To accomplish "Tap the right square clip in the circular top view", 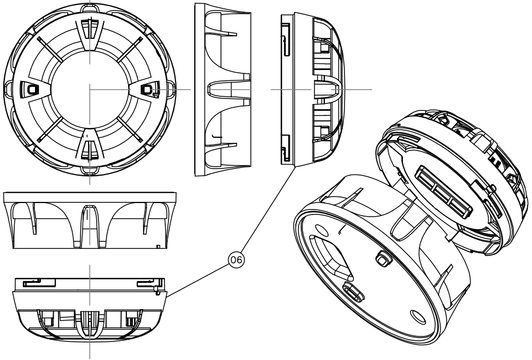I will pyautogui.click(x=148, y=89).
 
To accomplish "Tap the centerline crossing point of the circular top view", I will pyautogui.click(x=89, y=89).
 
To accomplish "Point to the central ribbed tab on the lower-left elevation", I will pyautogui.click(x=89, y=323).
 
